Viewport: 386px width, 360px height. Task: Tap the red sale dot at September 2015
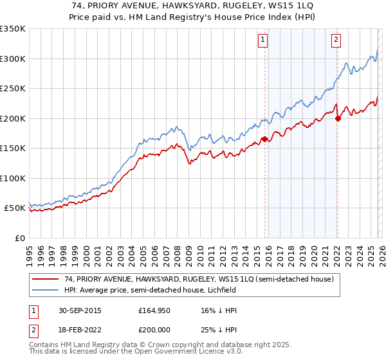(x=264, y=138)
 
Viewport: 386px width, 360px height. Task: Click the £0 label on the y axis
(x=19, y=238)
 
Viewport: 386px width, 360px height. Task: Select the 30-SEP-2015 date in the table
(x=77, y=310)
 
